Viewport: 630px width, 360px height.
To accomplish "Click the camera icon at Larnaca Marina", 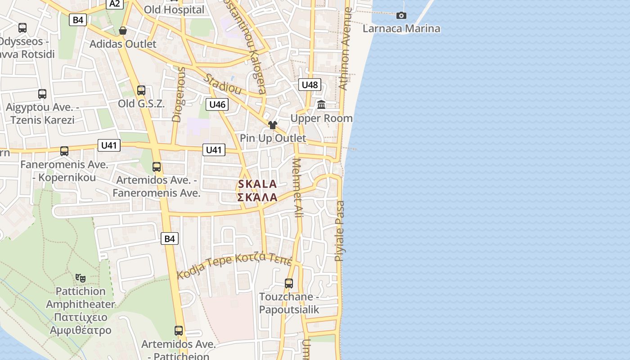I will tap(401, 16).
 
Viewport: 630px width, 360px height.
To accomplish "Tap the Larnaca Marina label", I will tap(401, 29).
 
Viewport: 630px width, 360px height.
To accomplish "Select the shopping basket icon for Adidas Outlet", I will tap(122, 31).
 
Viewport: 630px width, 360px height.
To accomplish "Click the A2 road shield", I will tap(115, 4).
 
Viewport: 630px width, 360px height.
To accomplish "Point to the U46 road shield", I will tap(217, 105).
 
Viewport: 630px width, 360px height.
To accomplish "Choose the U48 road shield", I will tap(310, 85).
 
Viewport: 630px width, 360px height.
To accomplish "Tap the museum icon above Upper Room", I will tap(321, 105).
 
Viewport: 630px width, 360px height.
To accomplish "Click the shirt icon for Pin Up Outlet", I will tap(272, 125).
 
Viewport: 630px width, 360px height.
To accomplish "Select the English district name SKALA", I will tap(257, 184).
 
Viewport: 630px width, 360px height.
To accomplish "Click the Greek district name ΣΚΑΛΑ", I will tap(257, 198).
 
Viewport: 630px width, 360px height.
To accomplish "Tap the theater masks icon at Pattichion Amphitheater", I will tap(81, 278).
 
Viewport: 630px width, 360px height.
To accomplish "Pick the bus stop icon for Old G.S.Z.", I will tap(141, 90).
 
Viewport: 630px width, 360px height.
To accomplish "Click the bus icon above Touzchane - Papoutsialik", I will tap(289, 283).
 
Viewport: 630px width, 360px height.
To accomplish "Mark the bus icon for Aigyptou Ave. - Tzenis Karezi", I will tap(42, 94).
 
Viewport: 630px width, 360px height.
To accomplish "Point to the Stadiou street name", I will tap(222, 84).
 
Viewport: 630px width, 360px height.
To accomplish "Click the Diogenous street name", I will tap(179, 94).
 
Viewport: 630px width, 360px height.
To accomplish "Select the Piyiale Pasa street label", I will tap(340, 231).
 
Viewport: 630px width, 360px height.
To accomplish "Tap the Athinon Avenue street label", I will tap(345, 49).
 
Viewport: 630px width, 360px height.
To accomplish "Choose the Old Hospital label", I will tap(174, 9).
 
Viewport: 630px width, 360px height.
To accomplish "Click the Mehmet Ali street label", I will tap(297, 188).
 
